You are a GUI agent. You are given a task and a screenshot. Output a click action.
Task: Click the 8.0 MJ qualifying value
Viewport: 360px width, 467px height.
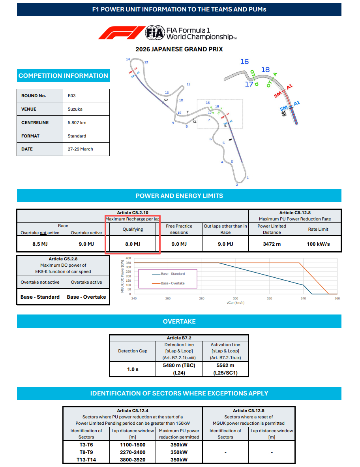tap(133, 244)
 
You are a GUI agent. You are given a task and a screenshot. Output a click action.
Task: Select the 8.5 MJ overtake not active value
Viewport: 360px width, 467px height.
tap(40, 244)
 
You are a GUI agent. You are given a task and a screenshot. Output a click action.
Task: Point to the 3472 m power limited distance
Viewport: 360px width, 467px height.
tap(272, 244)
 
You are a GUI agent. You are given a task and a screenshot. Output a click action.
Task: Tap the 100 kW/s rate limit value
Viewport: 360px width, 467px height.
tap(318, 244)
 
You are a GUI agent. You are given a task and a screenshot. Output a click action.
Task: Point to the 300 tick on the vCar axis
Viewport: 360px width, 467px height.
tap(236, 298)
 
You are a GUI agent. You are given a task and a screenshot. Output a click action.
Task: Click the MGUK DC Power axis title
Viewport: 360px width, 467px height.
tap(123, 277)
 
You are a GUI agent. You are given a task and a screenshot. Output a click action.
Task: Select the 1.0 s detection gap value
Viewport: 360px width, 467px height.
tap(133, 369)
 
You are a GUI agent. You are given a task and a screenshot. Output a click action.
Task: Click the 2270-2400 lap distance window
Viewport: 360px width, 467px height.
tap(132, 452)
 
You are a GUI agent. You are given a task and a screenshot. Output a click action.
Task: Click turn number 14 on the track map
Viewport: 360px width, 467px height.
tap(128, 59)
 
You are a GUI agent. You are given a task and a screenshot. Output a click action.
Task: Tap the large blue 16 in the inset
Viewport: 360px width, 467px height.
tap(245, 61)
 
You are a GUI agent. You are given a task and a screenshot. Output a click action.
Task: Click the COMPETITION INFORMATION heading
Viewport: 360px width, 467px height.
tap(63, 75)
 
